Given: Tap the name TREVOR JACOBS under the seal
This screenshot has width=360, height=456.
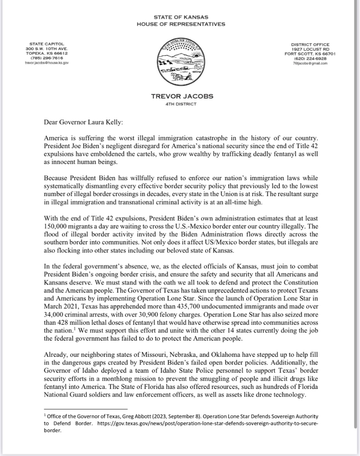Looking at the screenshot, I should [182, 96].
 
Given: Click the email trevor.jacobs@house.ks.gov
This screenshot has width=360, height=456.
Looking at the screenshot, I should [47, 63].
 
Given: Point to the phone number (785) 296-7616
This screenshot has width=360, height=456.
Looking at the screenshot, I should [47, 58].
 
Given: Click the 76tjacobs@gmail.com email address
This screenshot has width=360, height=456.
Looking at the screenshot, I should [310, 63].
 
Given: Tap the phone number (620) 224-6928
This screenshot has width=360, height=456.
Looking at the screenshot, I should [310, 59].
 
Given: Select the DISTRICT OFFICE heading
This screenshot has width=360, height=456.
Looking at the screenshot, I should [310, 44].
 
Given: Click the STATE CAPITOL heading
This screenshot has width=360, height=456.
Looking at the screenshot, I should [47, 44].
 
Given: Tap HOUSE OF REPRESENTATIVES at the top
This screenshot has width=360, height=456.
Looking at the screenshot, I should [181, 24].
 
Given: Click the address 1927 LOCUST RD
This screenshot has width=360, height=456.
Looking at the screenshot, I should [310, 49].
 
